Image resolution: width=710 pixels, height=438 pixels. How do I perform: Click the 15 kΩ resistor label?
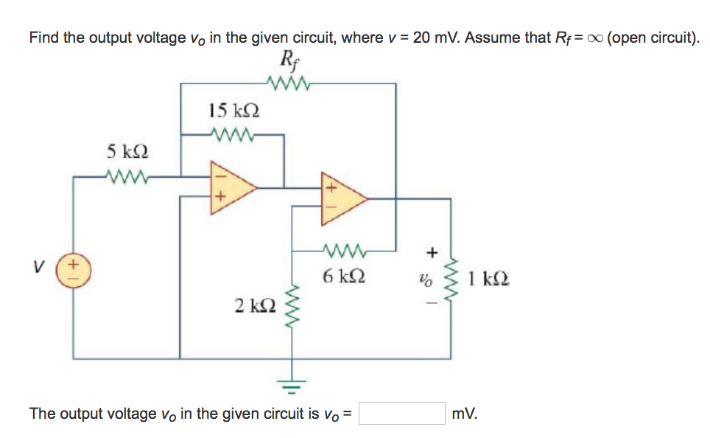(x=233, y=112)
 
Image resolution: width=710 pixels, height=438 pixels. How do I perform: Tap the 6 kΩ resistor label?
(x=343, y=278)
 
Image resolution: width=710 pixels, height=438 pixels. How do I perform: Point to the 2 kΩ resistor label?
(x=255, y=305)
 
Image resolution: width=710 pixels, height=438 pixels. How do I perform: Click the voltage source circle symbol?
(x=74, y=268)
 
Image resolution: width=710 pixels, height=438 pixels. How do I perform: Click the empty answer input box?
(x=401, y=414)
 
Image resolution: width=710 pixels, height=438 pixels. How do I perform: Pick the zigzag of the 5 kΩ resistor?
(x=127, y=176)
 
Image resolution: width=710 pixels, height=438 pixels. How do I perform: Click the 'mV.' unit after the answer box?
(x=465, y=414)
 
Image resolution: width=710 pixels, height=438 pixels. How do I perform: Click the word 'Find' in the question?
(x=43, y=38)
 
